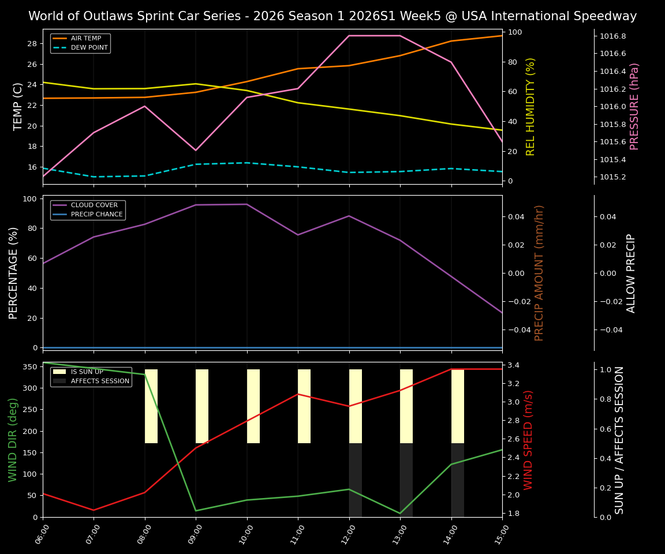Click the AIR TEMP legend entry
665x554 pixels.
click(85, 39)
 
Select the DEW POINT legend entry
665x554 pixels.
click(89, 47)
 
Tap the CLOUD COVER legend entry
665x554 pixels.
click(94, 205)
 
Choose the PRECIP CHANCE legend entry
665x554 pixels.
click(96, 215)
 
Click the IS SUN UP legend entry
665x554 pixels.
click(87, 372)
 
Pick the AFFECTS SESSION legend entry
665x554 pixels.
click(100, 381)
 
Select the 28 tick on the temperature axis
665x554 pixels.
click(32, 44)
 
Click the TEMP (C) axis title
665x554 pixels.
click(18, 106)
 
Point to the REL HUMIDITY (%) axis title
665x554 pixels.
click(530, 106)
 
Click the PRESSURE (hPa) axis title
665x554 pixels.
click(634, 106)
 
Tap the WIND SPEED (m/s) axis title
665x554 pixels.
click(528, 439)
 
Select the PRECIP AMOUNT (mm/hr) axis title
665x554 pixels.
click(540, 272)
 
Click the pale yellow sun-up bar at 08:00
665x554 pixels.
click(151, 406)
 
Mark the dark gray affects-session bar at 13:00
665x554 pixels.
click(406, 480)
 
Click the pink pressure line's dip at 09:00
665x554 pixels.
click(196, 150)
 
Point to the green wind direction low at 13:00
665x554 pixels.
click(400, 513)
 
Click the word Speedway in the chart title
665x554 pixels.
click(608, 16)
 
